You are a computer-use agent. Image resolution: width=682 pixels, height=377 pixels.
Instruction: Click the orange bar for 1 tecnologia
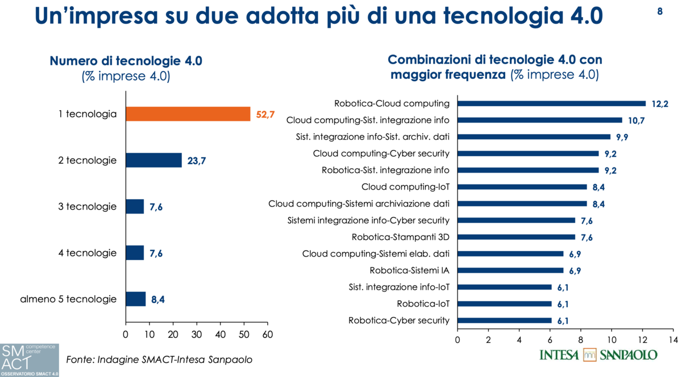click(188, 114)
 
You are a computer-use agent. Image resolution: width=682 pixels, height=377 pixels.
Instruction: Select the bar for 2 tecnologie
click(153, 161)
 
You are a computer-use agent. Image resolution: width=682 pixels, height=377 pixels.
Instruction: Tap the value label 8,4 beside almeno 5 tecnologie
click(158, 299)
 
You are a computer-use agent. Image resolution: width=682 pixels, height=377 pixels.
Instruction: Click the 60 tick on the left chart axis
click(267, 335)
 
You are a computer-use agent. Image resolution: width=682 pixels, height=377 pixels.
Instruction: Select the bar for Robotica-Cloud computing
click(551, 103)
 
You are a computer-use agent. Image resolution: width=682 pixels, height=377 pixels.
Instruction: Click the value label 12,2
click(660, 104)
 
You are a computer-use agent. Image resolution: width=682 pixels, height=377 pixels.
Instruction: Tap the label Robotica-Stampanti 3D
click(401, 237)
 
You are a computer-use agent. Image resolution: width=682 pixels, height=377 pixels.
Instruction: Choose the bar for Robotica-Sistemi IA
click(510, 270)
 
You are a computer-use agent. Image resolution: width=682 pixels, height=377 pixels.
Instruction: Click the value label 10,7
click(636, 120)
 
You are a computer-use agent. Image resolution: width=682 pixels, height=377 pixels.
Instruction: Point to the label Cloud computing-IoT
click(405, 187)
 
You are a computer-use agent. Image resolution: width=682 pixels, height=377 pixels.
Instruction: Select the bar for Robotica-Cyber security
click(504, 320)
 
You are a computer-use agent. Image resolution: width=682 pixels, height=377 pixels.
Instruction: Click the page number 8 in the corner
click(660, 11)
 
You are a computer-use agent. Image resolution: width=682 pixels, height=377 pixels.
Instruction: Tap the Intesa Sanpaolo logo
click(598, 355)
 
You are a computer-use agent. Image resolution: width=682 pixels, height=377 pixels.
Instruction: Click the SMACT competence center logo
click(30, 359)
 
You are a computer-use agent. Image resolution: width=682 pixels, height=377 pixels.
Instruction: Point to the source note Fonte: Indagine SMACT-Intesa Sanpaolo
click(159, 359)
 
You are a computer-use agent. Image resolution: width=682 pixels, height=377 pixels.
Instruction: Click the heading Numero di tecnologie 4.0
click(126, 61)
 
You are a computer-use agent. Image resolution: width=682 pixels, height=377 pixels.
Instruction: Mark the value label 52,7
click(265, 115)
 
